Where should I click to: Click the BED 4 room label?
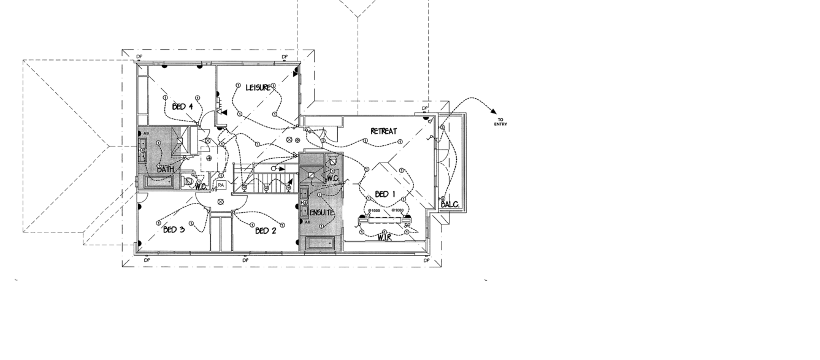183,107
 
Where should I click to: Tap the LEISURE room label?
258,88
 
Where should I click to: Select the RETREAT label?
383,131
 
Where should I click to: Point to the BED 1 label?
386,194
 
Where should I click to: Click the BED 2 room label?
266,231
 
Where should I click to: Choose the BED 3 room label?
174,229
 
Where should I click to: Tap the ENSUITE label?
322,213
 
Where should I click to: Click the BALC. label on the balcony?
450,204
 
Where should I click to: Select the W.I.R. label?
385,237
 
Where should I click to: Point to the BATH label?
165,169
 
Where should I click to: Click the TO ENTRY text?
500,122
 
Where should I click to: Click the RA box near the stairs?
221,185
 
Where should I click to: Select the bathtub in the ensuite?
321,243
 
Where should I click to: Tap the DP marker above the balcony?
424,109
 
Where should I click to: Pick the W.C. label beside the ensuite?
333,178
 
